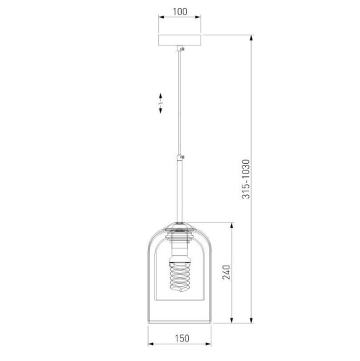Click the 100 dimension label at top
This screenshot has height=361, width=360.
(180, 12)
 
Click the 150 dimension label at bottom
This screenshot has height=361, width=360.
(182, 338)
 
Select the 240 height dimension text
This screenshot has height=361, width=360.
(226, 272)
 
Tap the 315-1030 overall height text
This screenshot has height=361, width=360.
(246, 179)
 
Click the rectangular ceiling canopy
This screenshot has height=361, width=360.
(180, 40)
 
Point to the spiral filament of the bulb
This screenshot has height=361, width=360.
(180, 277)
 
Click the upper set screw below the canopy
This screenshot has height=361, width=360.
(183, 49)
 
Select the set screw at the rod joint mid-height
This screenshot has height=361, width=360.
(183, 157)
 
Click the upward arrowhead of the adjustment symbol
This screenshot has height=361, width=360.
(160, 96)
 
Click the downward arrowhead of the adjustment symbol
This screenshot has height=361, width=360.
(160, 110)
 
